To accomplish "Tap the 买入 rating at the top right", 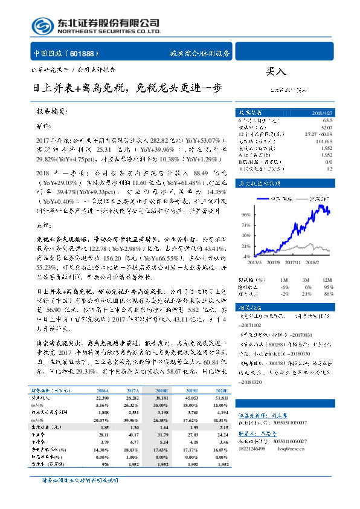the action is [276, 72].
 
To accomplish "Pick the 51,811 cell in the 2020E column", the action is [221, 398].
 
